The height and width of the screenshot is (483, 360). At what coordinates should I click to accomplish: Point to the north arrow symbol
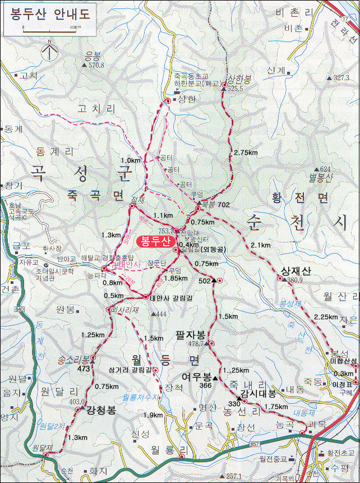[x=50, y=52]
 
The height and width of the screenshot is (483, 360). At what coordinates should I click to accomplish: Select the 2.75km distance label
[x=245, y=153]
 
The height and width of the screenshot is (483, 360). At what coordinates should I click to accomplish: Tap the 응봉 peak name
[x=91, y=55]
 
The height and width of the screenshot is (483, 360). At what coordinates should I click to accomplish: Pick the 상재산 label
[x=295, y=270]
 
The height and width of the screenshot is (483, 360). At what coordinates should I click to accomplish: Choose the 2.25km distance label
[x=326, y=317]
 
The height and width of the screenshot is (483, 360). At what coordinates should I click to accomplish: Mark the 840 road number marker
[x=21, y=309]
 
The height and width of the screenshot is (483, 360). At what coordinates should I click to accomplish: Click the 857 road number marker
[x=255, y=444]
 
